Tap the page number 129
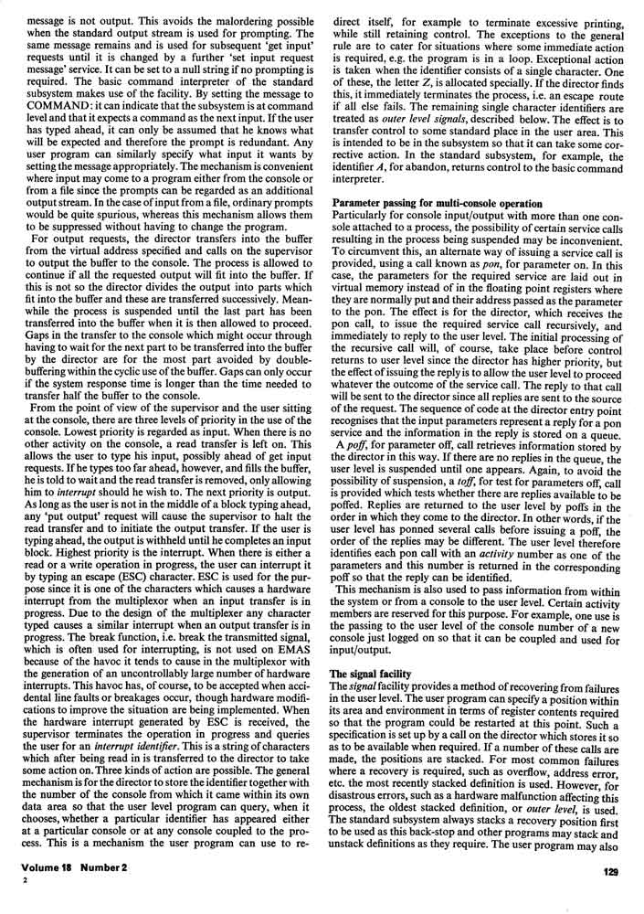click(x=611, y=897)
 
